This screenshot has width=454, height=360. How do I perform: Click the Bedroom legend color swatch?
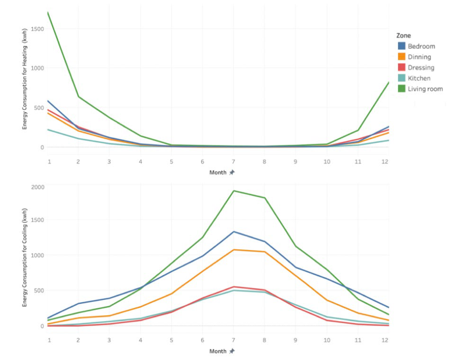click(x=401, y=46)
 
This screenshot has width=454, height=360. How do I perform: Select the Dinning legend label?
click(x=419, y=57)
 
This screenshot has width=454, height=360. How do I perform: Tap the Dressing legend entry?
click(x=421, y=68)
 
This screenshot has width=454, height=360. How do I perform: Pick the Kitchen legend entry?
click(x=419, y=78)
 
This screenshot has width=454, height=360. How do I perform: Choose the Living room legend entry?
click(x=425, y=89)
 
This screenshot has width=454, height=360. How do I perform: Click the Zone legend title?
click(x=403, y=35)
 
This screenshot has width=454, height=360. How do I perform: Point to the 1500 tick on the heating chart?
click(x=38, y=28)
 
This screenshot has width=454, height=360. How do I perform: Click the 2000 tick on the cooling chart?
click(x=38, y=187)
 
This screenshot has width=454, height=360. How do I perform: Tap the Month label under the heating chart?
click(x=218, y=172)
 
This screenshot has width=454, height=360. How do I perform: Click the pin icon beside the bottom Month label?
click(x=232, y=351)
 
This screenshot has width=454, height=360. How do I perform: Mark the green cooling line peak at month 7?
click(x=233, y=190)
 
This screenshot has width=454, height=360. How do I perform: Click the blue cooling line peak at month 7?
click(x=233, y=231)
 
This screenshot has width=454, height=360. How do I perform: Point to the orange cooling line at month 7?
click(x=233, y=250)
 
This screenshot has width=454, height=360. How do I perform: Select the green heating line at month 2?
click(x=78, y=96)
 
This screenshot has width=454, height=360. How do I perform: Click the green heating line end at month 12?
click(x=388, y=82)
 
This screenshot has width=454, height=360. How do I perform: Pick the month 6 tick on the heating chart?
click(x=202, y=161)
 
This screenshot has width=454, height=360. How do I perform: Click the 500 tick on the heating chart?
click(x=39, y=108)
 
